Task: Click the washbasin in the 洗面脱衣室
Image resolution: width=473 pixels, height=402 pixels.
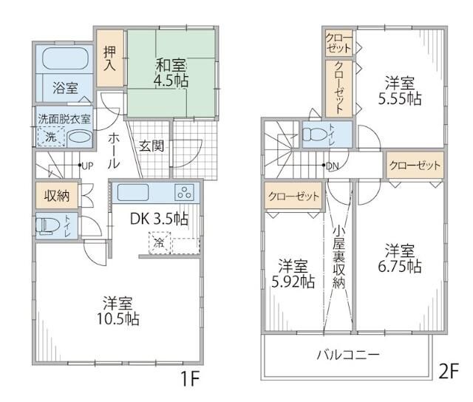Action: (x=79, y=137)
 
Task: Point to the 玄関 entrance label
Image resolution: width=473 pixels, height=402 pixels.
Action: (x=152, y=146)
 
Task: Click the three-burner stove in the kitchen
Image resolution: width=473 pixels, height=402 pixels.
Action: (x=183, y=192)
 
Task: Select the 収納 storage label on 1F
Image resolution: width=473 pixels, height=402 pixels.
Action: (x=57, y=196)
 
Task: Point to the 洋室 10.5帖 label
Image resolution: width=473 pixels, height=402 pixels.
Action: (x=118, y=310)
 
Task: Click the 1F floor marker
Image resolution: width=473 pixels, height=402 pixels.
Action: (x=190, y=379)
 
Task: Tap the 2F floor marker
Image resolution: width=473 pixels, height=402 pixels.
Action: (x=449, y=372)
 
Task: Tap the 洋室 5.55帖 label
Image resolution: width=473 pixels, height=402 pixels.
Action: (x=402, y=89)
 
